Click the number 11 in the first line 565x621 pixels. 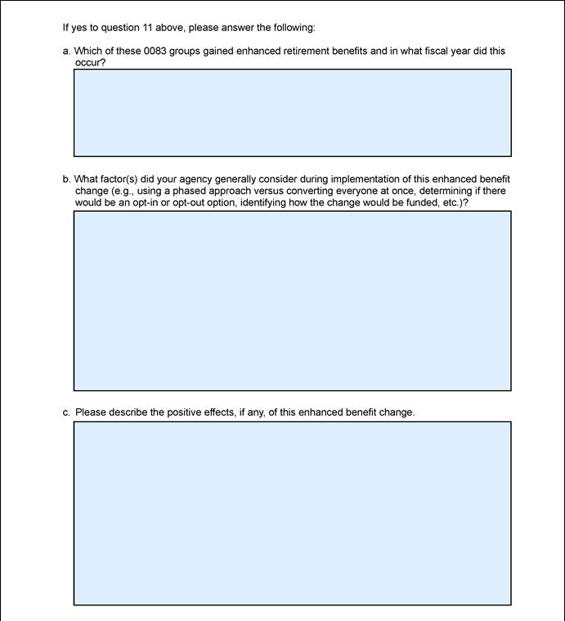(x=147, y=28)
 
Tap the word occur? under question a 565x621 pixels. (x=90, y=62)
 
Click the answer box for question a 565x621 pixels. (x=292, y=113)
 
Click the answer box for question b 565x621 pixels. (x=292, y=300)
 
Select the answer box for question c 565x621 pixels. (x=292, y=513)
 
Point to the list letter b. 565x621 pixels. (x=65, y=179)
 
